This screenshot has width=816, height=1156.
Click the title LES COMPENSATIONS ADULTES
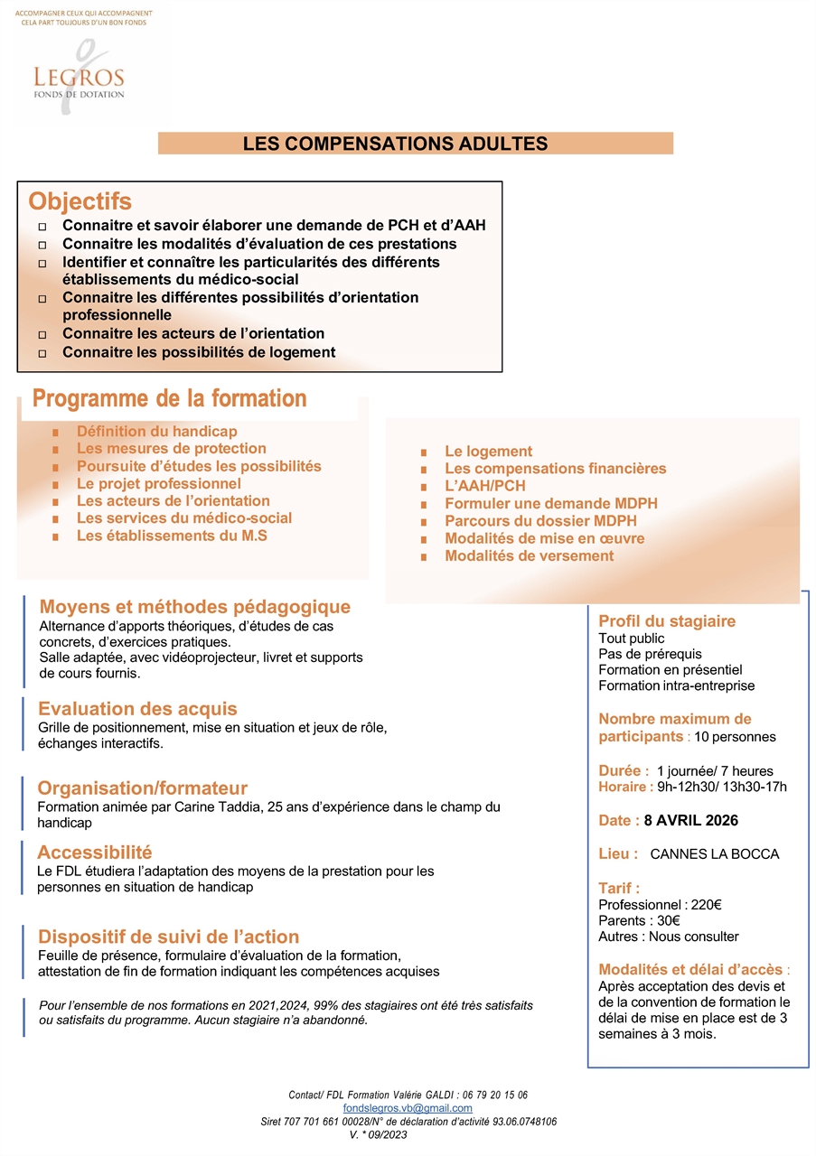click(395, 144)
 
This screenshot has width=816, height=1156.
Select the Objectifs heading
click(80, 200)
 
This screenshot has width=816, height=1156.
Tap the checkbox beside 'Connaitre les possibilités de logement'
click(42, 353)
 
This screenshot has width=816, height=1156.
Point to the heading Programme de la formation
click(170, 398)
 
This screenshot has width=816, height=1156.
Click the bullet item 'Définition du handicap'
click(156, 432)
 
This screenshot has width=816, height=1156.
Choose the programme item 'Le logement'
click(488, 452)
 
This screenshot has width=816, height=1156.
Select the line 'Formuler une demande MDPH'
click(550, 504)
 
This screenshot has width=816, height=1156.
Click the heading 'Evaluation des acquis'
click(137, 709)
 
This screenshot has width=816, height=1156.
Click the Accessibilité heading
click(95, 853)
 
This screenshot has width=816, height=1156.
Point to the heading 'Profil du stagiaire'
click(667, 621)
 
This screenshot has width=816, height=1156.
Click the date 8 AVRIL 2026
click(690, 821)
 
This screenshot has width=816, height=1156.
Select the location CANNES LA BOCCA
click(714, 854)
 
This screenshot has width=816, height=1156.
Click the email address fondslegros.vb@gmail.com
click(408, 1107)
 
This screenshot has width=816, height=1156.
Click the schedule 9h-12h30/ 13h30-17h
click(722, 787)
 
